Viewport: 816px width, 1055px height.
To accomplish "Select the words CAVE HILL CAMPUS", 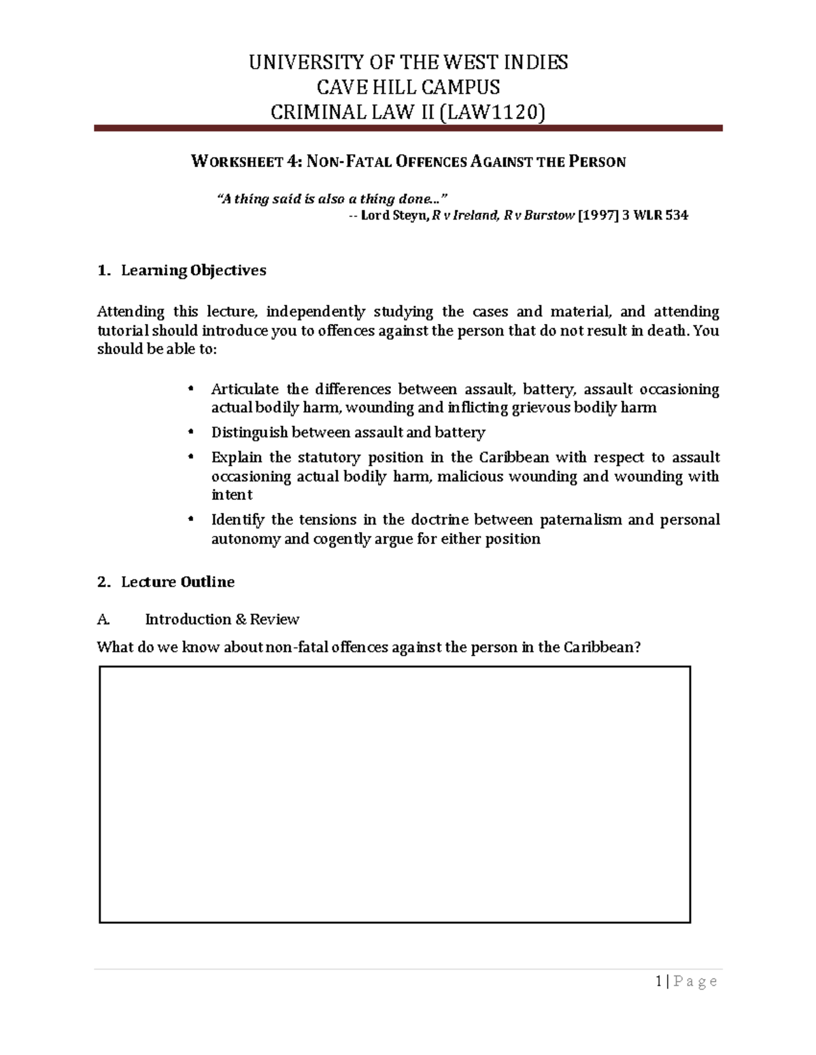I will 408,87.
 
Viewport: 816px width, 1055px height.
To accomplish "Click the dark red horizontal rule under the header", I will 408,128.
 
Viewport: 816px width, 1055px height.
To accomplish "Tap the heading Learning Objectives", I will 193,270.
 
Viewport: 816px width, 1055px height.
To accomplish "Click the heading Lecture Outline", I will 177,582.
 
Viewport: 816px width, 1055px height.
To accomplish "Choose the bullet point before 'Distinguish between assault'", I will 191,432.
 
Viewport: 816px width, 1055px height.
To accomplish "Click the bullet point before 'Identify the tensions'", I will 191,519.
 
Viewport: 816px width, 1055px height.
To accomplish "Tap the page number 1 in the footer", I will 659,981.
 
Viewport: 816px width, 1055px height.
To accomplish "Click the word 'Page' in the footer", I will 695,981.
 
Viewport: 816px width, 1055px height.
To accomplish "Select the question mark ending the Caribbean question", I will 637,647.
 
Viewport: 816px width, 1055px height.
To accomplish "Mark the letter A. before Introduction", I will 103,619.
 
